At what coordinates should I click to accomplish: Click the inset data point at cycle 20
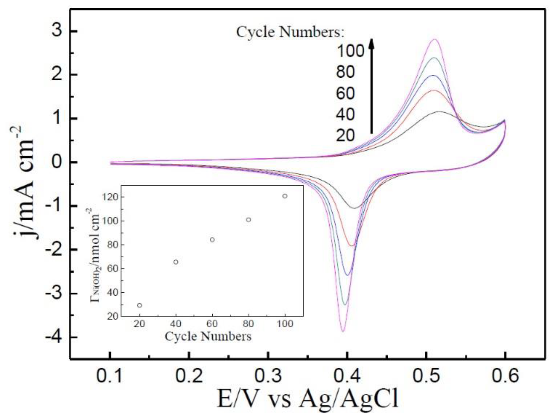coord(139,305)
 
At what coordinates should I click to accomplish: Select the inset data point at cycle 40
coord(176,262)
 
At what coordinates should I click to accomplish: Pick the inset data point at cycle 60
coord(212,240)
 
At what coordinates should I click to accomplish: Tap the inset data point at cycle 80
coord(248,220)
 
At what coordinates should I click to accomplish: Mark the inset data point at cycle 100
coord(285,196)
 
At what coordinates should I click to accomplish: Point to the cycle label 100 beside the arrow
coord(350,51)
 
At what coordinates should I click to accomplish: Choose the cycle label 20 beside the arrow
coord(345,136)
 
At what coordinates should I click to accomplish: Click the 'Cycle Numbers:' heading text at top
coord(290,32)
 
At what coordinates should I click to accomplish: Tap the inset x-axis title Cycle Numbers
coord(208,337)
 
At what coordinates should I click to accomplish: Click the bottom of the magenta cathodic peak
coord(343,332)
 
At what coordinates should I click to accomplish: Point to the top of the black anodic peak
coord(439,111)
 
